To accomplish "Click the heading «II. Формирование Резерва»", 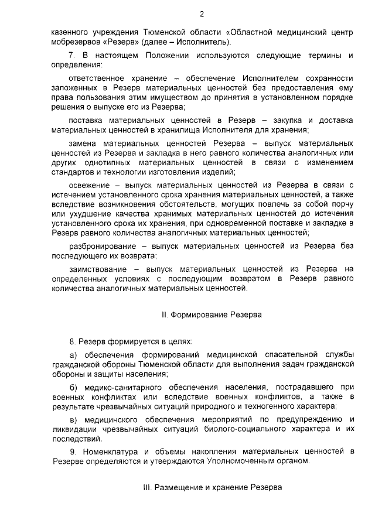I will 212,314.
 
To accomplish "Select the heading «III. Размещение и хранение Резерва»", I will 212,487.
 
